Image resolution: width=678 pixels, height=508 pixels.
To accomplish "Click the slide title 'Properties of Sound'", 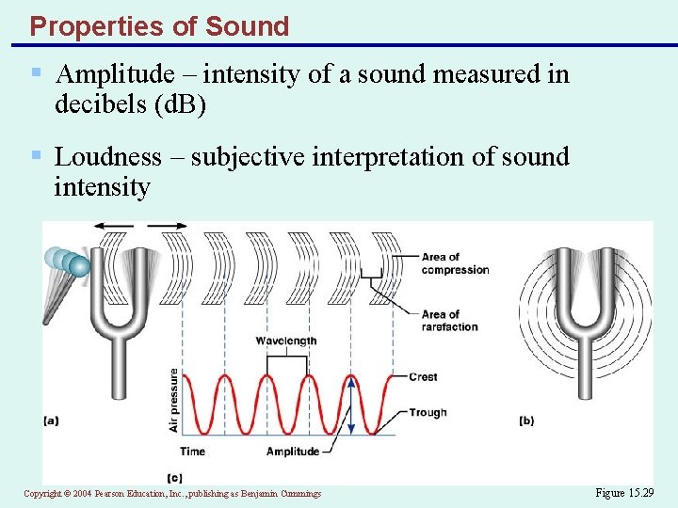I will click(x=159, y=26).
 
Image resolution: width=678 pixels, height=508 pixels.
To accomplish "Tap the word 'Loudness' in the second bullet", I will click(x=107, y=156).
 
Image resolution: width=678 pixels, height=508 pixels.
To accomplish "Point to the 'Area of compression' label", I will click(x=455, y=263).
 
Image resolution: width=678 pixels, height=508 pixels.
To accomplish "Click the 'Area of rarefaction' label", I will click(x=450, y=321).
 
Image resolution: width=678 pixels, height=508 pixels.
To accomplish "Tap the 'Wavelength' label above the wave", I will click(x=286, y=341).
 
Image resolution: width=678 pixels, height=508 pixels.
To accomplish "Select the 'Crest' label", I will click(x=423, y=377).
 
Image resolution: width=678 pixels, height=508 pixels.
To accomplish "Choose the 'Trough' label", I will click(x=428, y=412).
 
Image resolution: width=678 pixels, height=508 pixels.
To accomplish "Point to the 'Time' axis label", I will click(x=192, y=452).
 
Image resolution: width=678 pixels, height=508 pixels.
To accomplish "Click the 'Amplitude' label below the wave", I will click(x=293, y=452).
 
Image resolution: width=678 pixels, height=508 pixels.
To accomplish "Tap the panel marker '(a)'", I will click(x=52, y=421).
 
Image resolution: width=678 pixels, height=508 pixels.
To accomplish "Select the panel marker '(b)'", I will click(x=525, y=421).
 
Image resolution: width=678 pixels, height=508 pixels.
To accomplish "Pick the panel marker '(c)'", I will click(x=173, y=478).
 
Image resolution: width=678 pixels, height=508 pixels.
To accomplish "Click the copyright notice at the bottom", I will click(x=172, y=493).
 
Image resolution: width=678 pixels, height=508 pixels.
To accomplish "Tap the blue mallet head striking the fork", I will click(x=79, y=266).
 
